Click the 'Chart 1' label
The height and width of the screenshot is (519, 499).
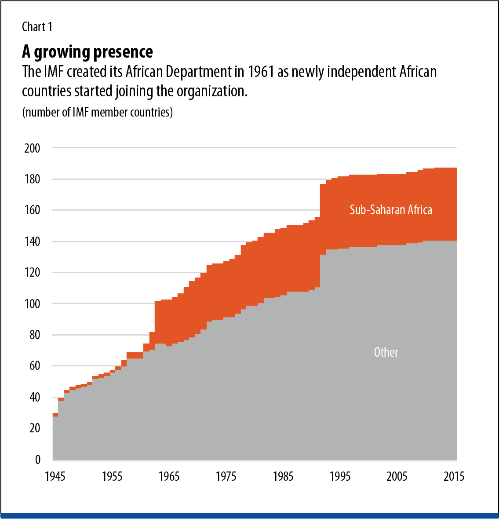pyautogui.click(x=37, y=27)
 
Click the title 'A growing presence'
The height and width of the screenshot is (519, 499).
pyautogui.click(x=87, y=52)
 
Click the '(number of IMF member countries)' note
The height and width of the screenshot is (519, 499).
pyautogui.click(x=97, y=113)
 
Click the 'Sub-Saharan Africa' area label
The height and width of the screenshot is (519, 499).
pyautogui.click(x=391, y=210)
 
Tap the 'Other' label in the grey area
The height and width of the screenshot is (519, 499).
pyautogui.click(x=386, y=352)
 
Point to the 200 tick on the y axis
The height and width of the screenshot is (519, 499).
pyautogui.click(x=32, y=148)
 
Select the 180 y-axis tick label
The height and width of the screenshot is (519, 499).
pyautogui.click(x=32, y=179)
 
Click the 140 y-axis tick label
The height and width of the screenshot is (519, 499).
pyautogui.click(x=32, y=241)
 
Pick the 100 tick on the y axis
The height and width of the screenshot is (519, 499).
pyautogui.click(x=32, y=304)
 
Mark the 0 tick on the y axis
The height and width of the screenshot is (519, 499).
pyautogui.click(x=37, y=460)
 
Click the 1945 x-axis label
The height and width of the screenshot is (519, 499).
pyautogui.click(x=55, y=477)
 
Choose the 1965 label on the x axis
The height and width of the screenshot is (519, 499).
pyautogui.click(x=169, y=477)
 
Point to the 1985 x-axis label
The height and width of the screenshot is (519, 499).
pyautogui.click(x=283, y=477)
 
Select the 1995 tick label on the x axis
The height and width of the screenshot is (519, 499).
pyautogui.click(x=340, y=477)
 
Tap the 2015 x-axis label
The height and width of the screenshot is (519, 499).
pyautogui.click(x=454, y=477)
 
